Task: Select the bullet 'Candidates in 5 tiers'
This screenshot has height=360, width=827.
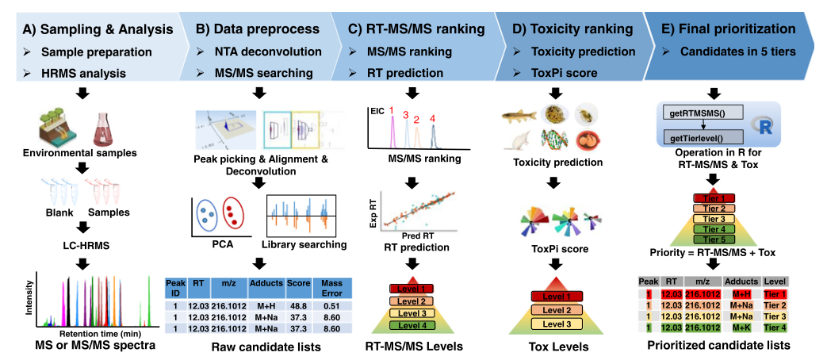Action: [x=738, y=52]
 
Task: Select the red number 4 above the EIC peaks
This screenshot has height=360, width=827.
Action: [x=433, y=118]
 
